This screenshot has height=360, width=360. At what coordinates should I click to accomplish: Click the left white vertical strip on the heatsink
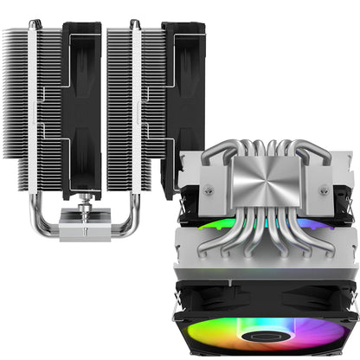34,95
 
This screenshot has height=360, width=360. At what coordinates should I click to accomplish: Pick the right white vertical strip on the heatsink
135,95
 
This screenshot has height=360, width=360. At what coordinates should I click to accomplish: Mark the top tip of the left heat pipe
34,22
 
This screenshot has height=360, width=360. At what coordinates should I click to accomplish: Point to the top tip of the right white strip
135,22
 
